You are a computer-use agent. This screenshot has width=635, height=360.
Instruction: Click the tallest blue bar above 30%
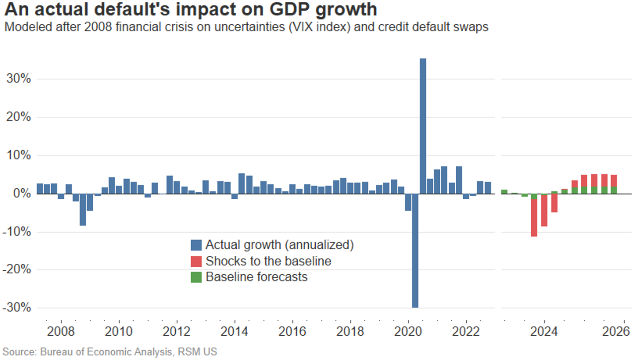(423, 126)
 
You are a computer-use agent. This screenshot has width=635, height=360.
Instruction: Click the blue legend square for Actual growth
(196, 245)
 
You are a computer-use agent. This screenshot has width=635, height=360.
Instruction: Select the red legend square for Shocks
(196, 261)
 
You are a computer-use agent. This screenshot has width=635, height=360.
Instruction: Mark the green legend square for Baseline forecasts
(196, 277)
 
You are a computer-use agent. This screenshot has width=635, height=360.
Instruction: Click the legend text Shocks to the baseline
(268, 261)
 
